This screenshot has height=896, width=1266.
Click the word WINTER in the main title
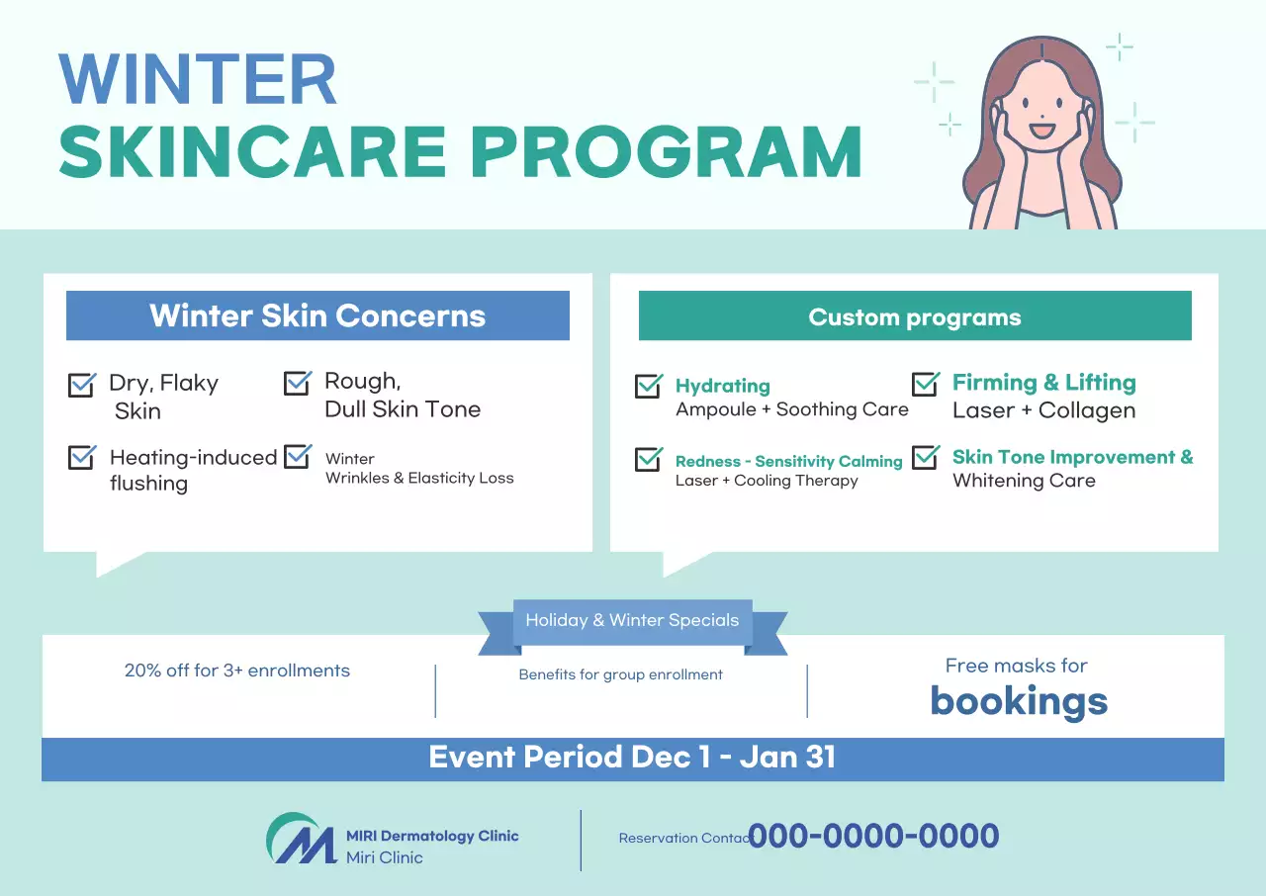click(x=198, y=79)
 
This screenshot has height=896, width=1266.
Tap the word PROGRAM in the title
click(x=667, y=151)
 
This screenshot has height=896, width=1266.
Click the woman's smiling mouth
click(x=1041, y=131)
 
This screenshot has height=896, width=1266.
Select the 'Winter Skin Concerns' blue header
click(x=317, y=315)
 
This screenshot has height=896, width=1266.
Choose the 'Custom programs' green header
click(x=915, y=315)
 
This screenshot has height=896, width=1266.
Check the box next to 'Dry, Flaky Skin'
click(x=82, y=385)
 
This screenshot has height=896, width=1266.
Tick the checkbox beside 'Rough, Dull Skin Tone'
click(x=298, y=383)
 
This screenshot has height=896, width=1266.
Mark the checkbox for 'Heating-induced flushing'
click(x=82, y=457)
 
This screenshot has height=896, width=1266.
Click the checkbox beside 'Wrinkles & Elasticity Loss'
click(x=298, y=456)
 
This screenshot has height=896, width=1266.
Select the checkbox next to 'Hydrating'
click(x=648, y=386)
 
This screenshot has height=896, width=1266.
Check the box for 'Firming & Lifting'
click(x=925, y=384)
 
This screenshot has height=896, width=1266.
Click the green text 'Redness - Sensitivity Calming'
click(x=789, y=461)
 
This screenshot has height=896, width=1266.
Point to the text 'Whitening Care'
click(x=1024, y=481)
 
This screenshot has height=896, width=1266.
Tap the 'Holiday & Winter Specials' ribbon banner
click(x=632, y=623)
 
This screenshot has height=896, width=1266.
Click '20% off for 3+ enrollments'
click(x=237, y=671)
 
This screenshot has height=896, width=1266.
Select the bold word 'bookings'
click(x=1019, y=701)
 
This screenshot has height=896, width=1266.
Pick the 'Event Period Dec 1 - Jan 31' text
click(x=632, y=757)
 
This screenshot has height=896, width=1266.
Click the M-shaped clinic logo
click(x=302, y=839)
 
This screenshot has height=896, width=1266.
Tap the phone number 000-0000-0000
click(x=873, y=836)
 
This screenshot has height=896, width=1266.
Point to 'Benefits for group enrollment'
click(x=620, y=674)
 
